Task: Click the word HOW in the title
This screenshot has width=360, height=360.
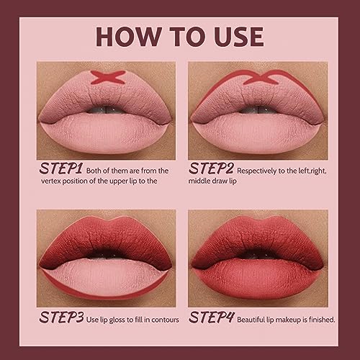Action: tap(128, 35)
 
